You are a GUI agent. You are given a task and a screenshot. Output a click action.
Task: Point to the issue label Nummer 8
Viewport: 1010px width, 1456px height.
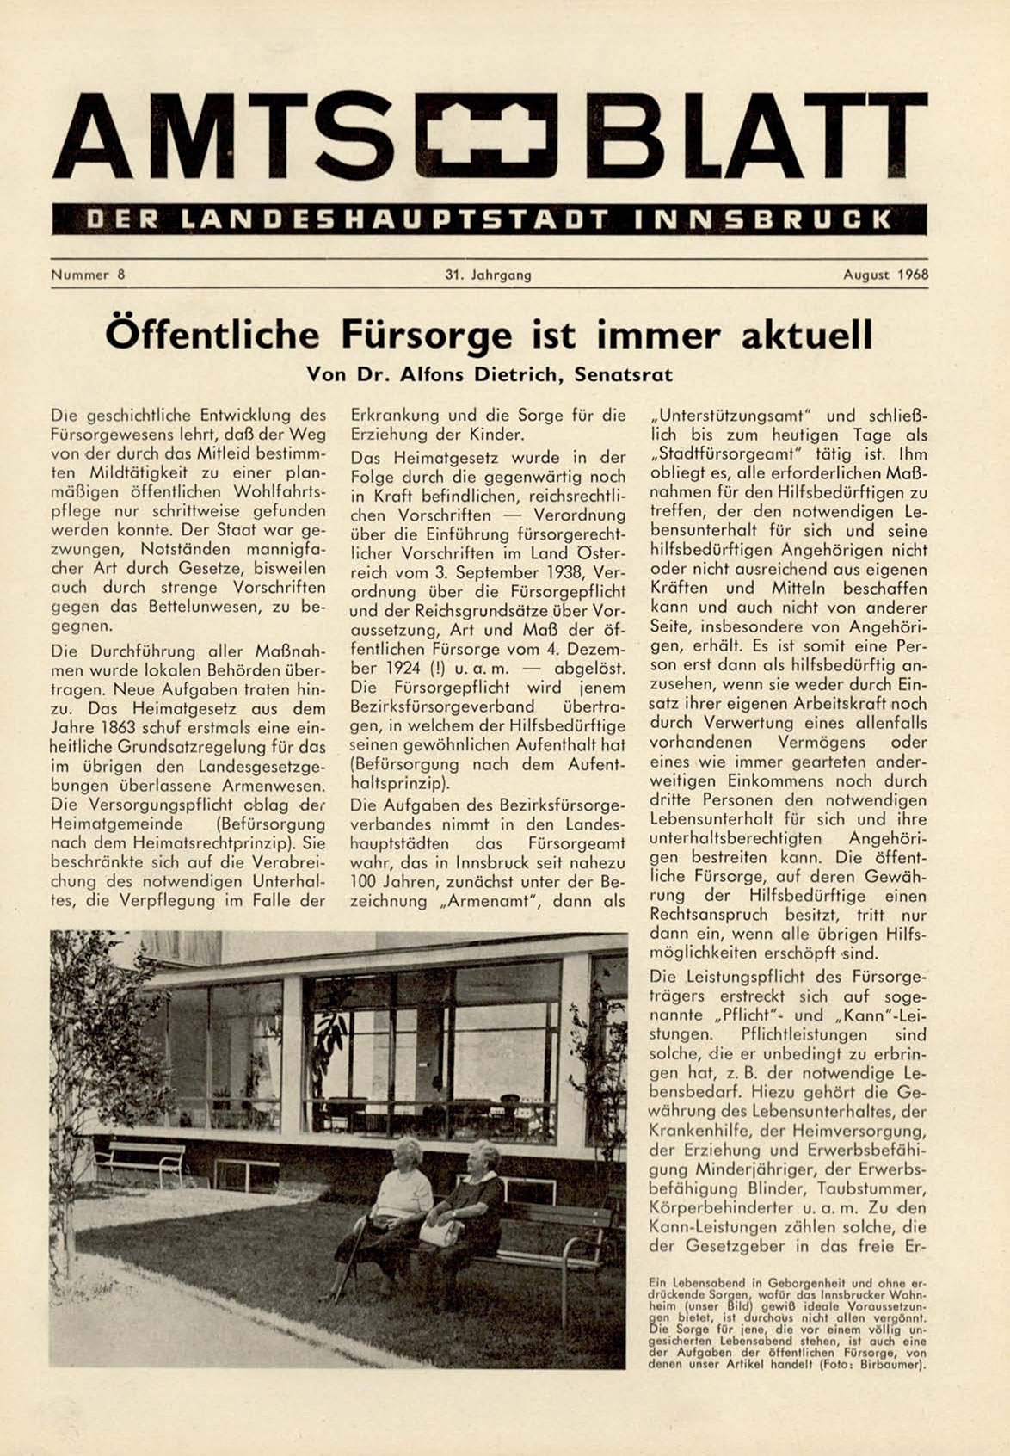tap(88, 275)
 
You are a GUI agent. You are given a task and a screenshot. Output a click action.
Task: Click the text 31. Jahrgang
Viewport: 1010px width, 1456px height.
tap(489, 275)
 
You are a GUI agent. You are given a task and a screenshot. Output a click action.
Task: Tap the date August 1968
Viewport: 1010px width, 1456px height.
tap(885, 275)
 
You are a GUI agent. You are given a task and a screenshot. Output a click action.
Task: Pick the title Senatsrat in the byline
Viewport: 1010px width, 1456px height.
tap(624, 375)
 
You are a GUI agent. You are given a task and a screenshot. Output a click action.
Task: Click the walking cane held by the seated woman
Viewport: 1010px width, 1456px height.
tap(354, 1256)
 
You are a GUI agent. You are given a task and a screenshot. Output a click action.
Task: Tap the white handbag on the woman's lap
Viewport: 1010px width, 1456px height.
tap(440, 1231)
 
